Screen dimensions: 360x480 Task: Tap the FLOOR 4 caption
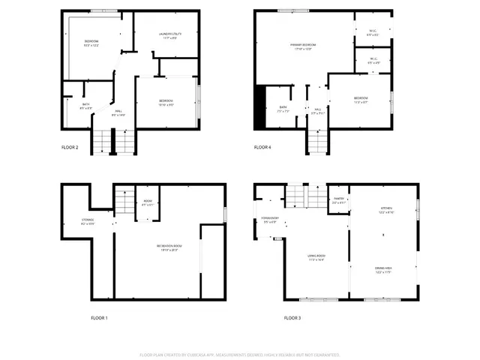[262, 147]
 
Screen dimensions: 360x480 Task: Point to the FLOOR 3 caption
[293, 318]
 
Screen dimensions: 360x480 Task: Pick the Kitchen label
[386, 210]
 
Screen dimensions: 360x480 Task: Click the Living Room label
[316, 257]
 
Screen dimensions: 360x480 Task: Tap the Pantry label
[338, 201]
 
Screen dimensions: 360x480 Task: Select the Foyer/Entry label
[269, 220]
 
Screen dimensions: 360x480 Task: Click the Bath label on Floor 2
[85, 106]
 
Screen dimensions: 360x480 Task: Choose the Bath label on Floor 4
[283, 109]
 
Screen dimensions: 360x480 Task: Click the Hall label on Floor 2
[118, 113]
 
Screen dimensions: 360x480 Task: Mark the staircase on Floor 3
[298, 196]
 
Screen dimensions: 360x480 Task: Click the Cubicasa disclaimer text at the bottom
[239, 354]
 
